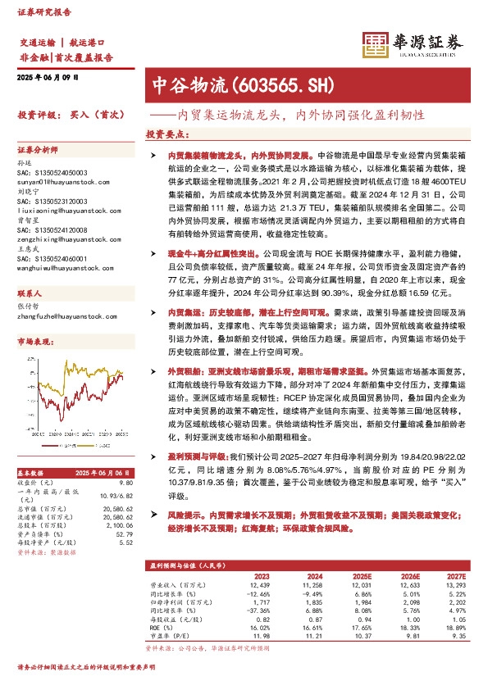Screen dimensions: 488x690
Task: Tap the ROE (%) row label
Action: click(x=162, y=627)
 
